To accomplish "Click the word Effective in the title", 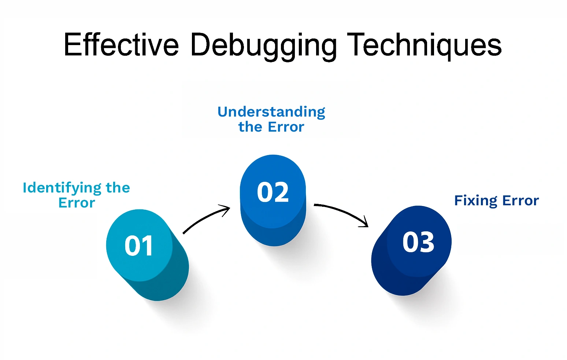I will (121, 45).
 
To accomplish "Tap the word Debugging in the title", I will (263, 45).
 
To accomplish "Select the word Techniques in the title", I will (424, 45).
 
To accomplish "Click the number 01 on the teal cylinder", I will (139, 246).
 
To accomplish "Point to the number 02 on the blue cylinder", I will (273, 192).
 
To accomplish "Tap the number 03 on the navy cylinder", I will (418, 242).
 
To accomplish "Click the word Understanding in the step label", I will (271, 112).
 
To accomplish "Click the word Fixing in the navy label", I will (476, 201).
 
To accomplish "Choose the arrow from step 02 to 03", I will (341, 211).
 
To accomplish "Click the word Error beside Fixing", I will (520, 201).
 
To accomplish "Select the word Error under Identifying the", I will (77, 203).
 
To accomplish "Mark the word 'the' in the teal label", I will (118, 188).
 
